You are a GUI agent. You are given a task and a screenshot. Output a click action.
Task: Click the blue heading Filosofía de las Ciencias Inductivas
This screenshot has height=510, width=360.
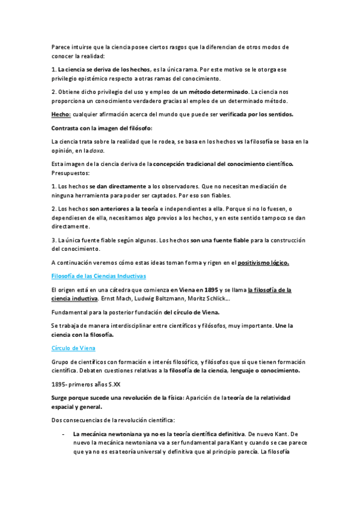click(x=99, y=276)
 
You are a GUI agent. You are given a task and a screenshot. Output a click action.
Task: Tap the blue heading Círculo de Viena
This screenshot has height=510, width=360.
click(x=73, y=348)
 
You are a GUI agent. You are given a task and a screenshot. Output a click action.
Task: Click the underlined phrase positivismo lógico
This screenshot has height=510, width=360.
click(x=264, y=262)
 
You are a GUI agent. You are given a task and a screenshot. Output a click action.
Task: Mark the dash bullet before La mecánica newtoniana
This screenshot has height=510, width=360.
click(x=64, y=433)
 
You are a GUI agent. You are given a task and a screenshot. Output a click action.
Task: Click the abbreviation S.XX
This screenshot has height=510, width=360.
click(x=110, y=383)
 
